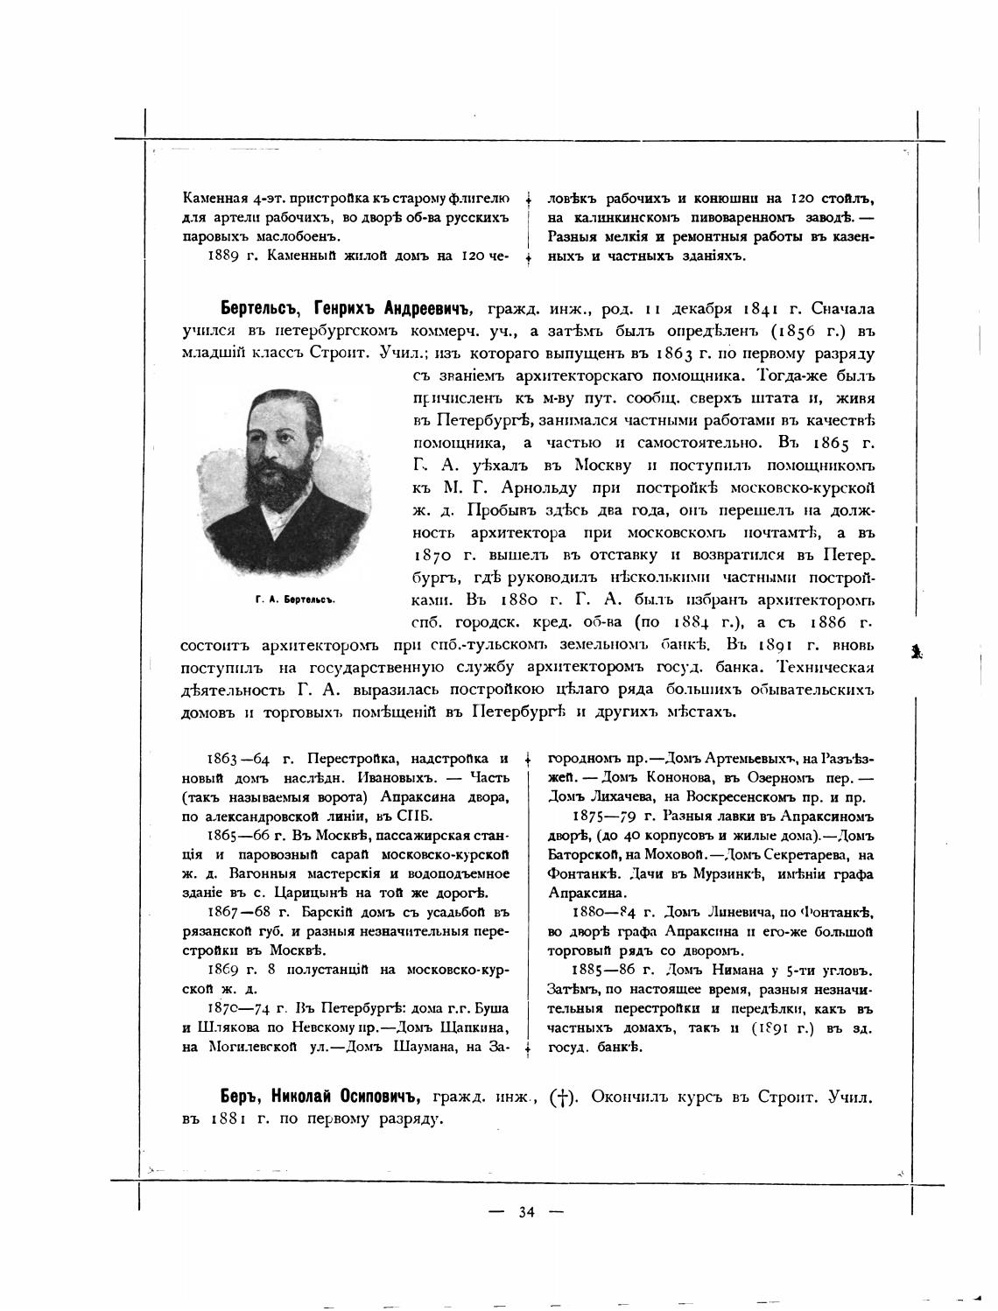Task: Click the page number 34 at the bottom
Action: (526, 1212)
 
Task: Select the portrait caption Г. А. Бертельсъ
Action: (296, 601)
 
